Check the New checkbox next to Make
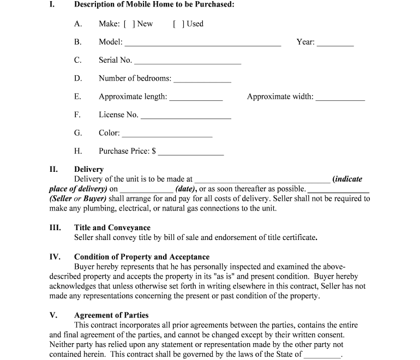click(130, 24)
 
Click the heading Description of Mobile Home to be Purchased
click(154, 4)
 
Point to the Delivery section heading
click(89, 169)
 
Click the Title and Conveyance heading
click(112, 227)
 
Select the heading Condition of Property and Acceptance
click(142, 257)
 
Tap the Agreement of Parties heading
click(111, 315)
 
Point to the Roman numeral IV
click(55, 257)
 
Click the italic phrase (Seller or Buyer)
click(77, 199)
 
